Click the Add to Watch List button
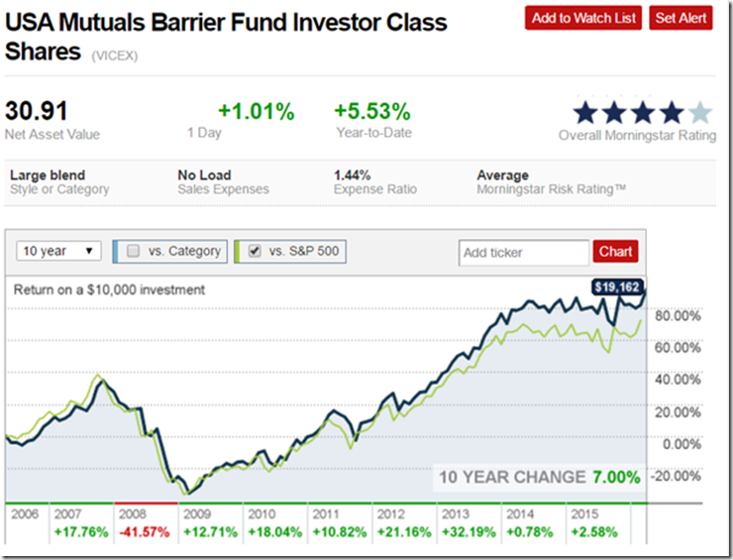coord(583,18)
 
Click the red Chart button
coord(615,252)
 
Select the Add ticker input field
coord(523,253)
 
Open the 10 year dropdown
coord(59,252)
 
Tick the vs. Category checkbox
coord(134,252)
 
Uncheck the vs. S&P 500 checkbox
coord(254,252)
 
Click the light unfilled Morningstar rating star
coord(699,112)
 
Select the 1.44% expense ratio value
coord(351,175)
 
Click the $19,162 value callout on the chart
coord(617,287)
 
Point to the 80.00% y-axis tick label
coord(672,316)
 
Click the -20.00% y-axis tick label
coord(670,475)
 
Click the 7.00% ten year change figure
coord(616,478)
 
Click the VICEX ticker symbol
coord(115,56)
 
